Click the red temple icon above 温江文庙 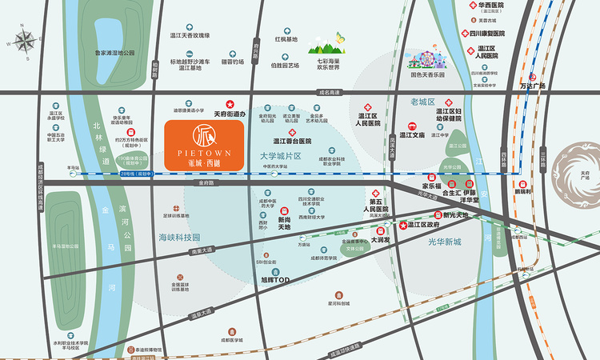pyautogui.click(x=413, y=125)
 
